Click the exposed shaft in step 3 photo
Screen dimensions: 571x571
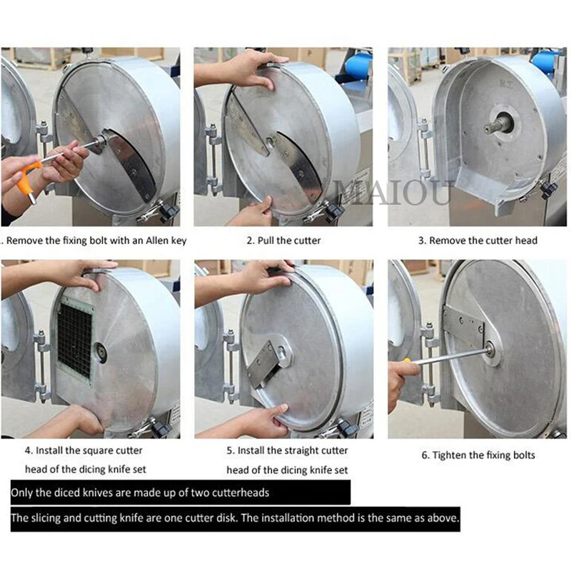pos(497,124)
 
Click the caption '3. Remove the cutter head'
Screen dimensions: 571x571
pos(477,241)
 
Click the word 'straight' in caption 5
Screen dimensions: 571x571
pos(290,450)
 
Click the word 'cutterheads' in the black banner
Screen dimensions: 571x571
pos(235,492)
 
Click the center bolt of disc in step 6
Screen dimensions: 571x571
pos(492,350)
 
